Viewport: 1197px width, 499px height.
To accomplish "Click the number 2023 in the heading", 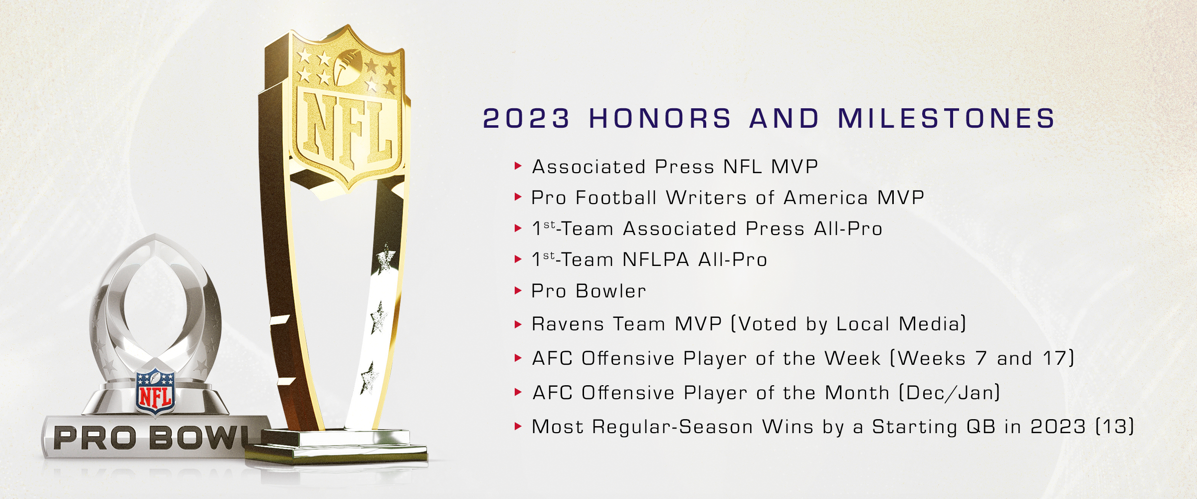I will pyautogui.click(x=526, y=119).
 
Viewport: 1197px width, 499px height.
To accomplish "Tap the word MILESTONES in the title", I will pyautogui.click(x=946, y=119).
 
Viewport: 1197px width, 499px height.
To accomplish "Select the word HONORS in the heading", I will pyautogui.click(x=660, y=119).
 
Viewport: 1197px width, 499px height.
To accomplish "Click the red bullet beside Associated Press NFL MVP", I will pyautogui.click(x=518, y=166).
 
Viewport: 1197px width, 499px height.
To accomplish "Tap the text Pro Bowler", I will pyautogui.click(x=589, y=291).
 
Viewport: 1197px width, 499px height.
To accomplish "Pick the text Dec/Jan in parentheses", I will pyautogui.click(x=949, y=393).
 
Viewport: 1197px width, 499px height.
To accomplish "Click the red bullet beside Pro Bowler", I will pyautogui.click(x=518, y=290).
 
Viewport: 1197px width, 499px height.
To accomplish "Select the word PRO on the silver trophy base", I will pyautogui.click(x=95, y=438).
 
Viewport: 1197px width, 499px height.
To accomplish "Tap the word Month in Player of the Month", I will pyautogui.click(x=857, y=393).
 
